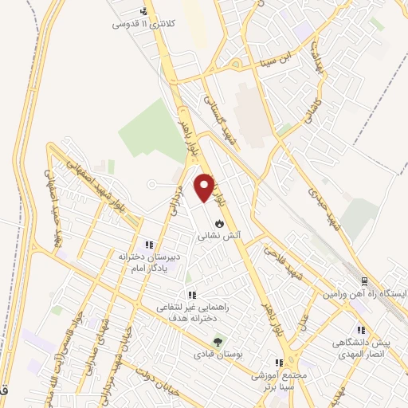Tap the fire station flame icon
pyautogui.click(x=219, y=224)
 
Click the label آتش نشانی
pyautogui.click(x=219, y=236)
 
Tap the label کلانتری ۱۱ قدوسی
pyautogui.click(x=143, y=24)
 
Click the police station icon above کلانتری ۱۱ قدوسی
pyautogui.click(x=143, y=12)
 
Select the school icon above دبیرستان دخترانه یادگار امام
pyautogui.click(x=147, y=245)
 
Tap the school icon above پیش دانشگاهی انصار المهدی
pyautogui.click(x=360, y=329)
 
